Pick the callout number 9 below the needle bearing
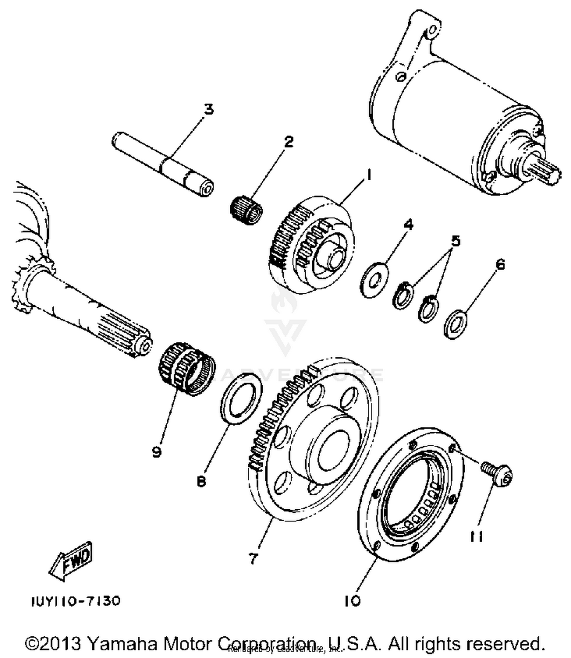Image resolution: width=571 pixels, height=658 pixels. pos(156,452)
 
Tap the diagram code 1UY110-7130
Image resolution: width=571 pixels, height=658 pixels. pos(76,601)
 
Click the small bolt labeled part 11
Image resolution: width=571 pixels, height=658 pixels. pos(497,474)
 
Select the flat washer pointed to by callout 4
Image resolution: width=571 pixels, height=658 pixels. pos(374,279)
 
